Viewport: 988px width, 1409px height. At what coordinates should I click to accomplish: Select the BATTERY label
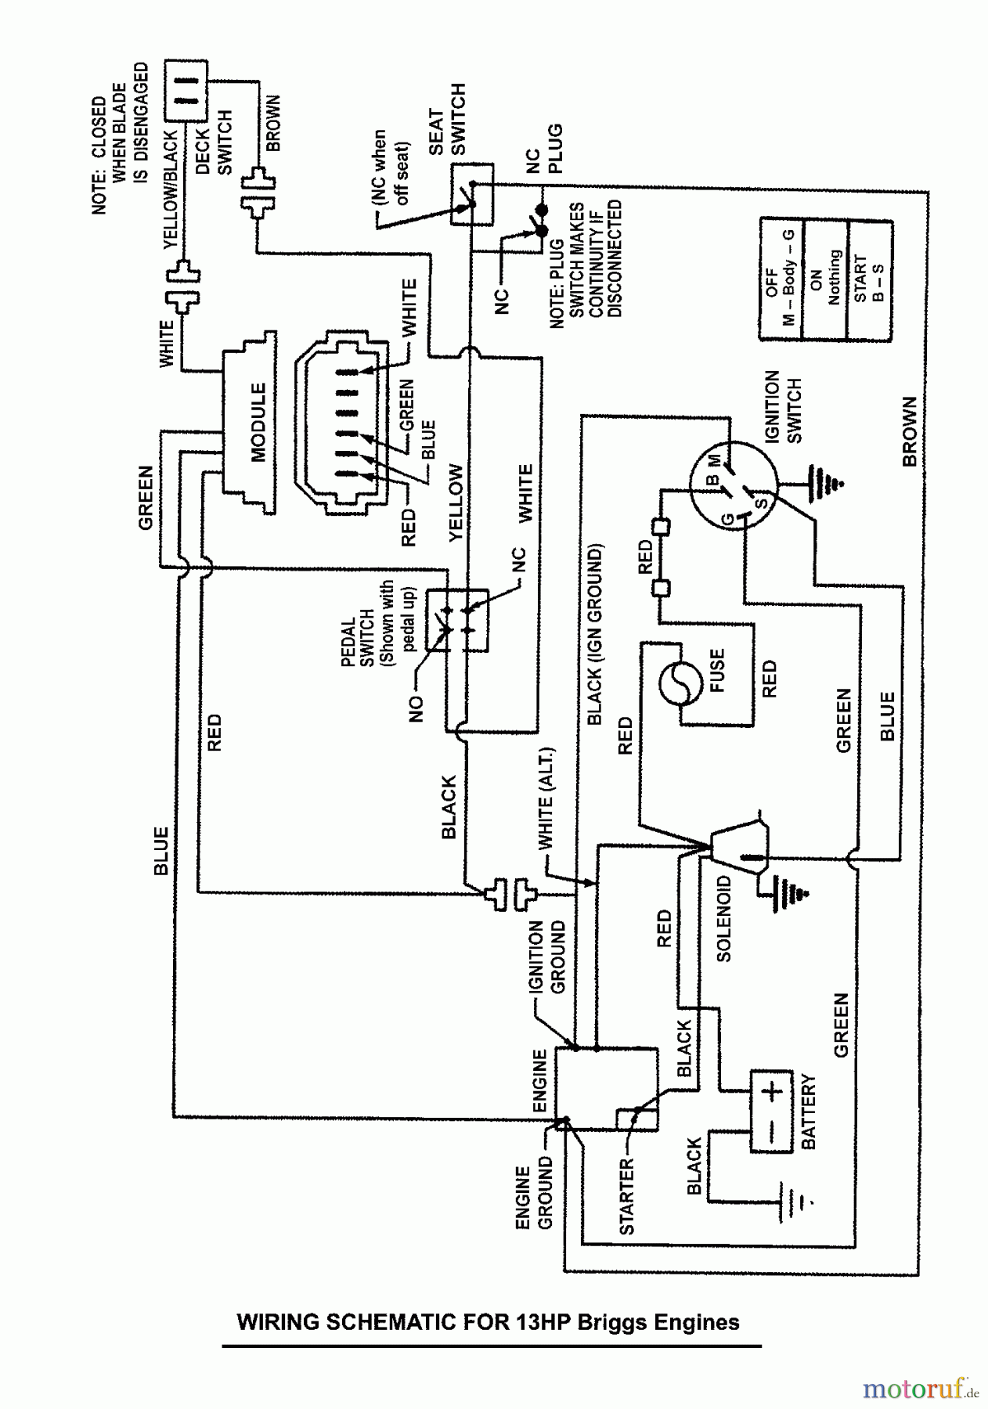pyautogui.click(x=809, y=1112)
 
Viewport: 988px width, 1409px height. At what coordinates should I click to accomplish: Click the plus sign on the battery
pyautogui.click(x=771, y=1091)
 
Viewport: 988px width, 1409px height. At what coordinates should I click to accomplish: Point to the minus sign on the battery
pyautogui.click(x=771, y=1133)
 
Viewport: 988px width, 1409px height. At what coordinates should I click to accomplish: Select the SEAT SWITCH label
pyautogui.click(x=447, y=121)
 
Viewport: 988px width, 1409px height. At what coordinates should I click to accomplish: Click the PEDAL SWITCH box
pyautogui.click(x=457, y=621)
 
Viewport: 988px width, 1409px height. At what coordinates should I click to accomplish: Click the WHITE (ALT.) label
pyautogui.click(x=546, y=798)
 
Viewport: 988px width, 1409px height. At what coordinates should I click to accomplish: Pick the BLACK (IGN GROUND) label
pyautogui.click(x=595, y=635)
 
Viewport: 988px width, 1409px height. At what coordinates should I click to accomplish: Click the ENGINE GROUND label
pyautogui.click(x=534, y=1198)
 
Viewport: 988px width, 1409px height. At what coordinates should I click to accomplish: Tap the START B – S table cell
pyautogui.click(x=869, y=279)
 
